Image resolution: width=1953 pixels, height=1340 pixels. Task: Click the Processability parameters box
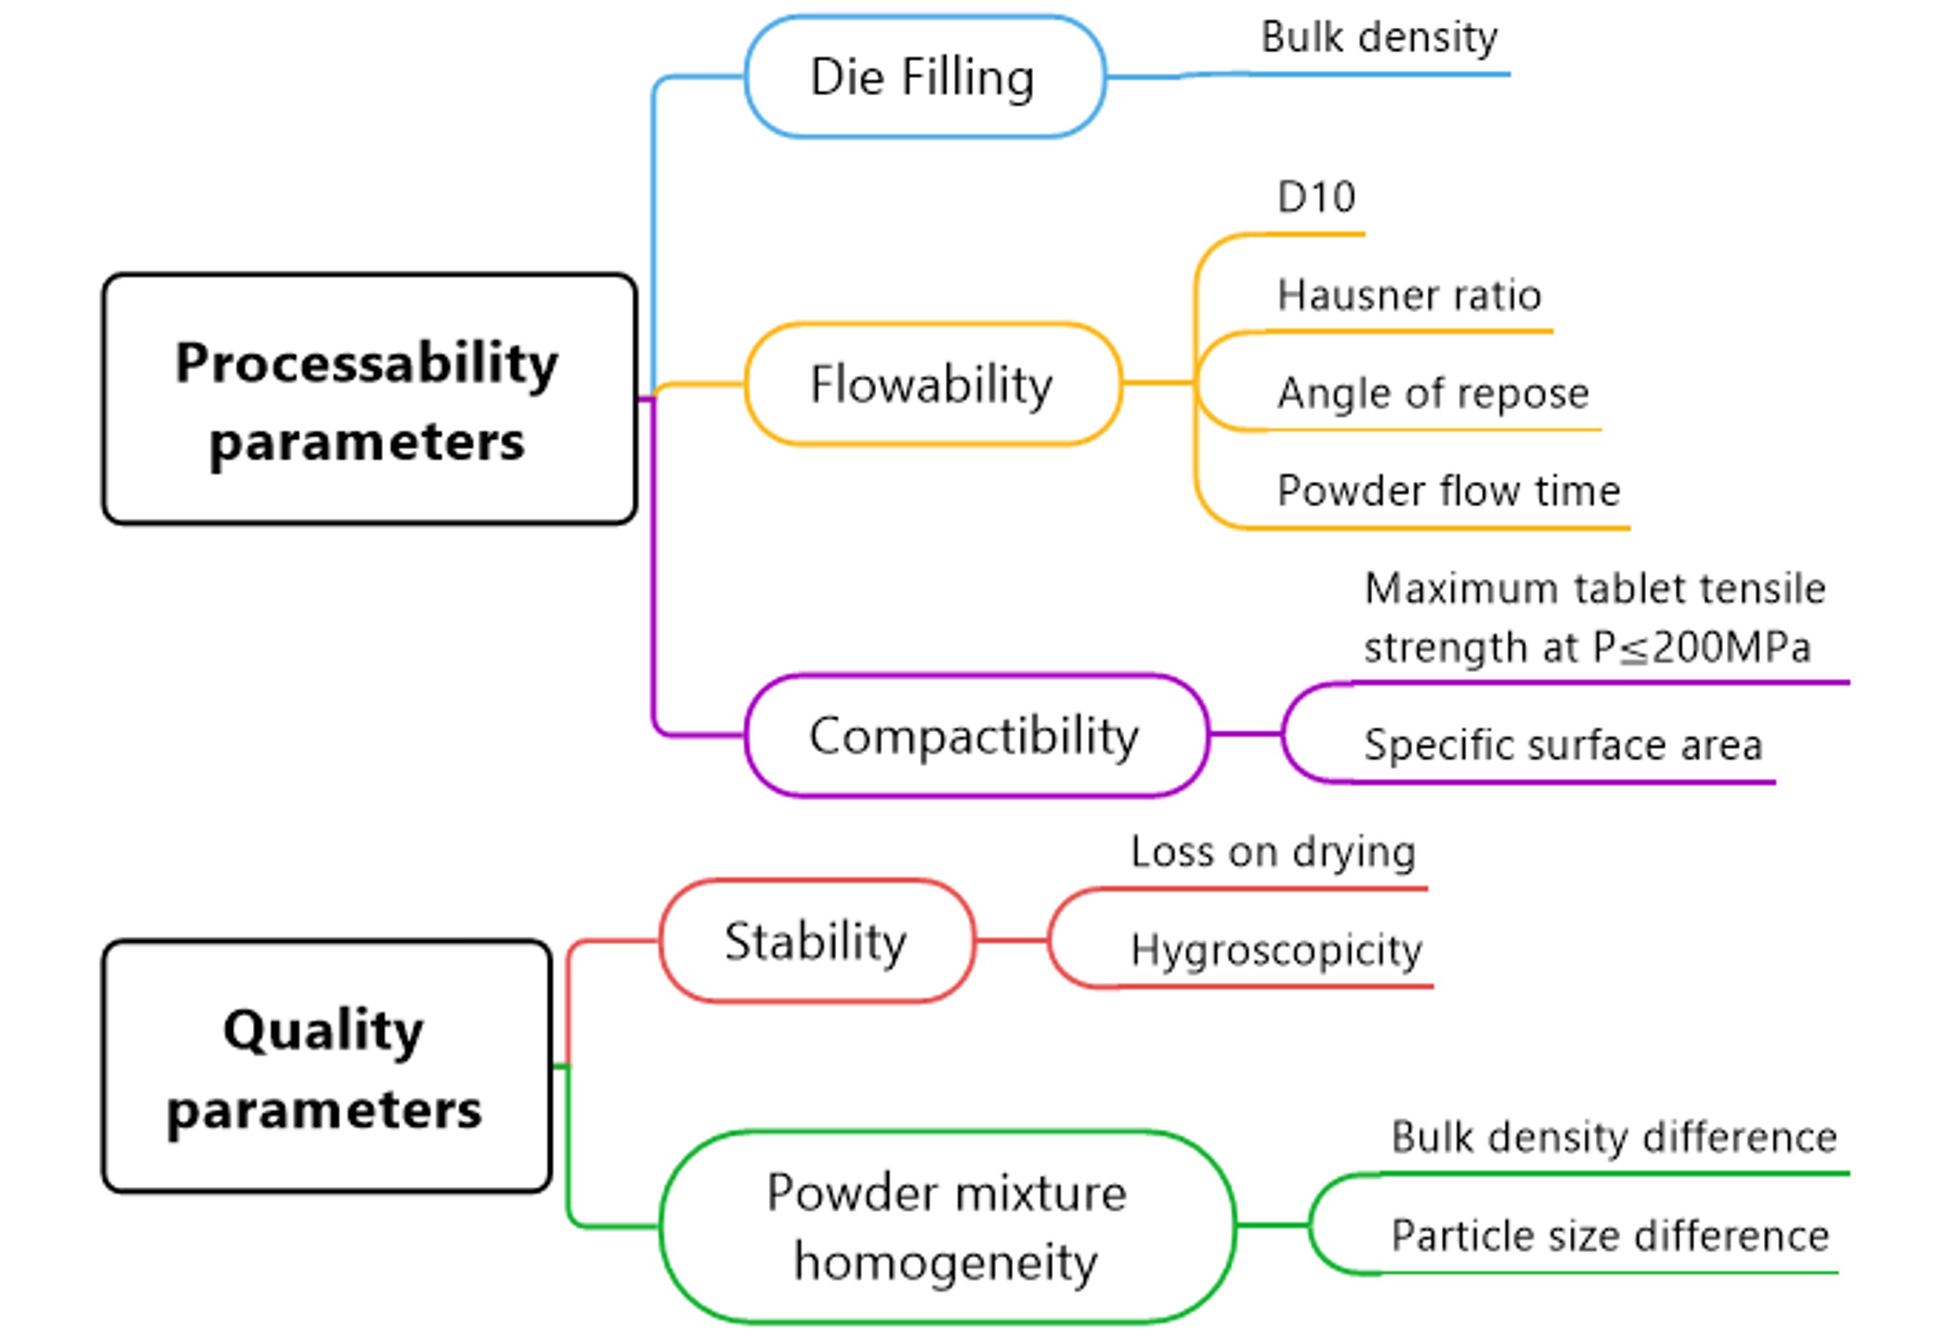pos(369,400)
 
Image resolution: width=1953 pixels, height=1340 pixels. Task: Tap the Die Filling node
pos(925,77)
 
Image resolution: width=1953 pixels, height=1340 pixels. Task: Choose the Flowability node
pos(933,384)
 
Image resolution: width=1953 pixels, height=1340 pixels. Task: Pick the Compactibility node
pos(976,736)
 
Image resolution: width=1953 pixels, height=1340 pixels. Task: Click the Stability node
pos(817,940)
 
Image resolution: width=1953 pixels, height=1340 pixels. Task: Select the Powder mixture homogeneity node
pos(947,1227)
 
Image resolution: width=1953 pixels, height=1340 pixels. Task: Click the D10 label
pos(1316,197)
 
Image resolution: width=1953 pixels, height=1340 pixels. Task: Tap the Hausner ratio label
pos(1410,295)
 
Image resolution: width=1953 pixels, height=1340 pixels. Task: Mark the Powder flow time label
pos(1449,490)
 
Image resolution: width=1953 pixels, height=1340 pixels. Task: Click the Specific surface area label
pos(1563,745)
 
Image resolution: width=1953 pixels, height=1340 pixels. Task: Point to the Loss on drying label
pos(1273,852)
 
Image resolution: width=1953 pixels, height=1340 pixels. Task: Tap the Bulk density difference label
pos(1614,1137)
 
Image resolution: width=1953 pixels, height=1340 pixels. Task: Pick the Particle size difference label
pos(1610,1235)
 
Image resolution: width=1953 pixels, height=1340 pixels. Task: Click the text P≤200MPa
pos(1702,647)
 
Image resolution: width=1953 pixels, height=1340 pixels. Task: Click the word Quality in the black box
pos(324,1031)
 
